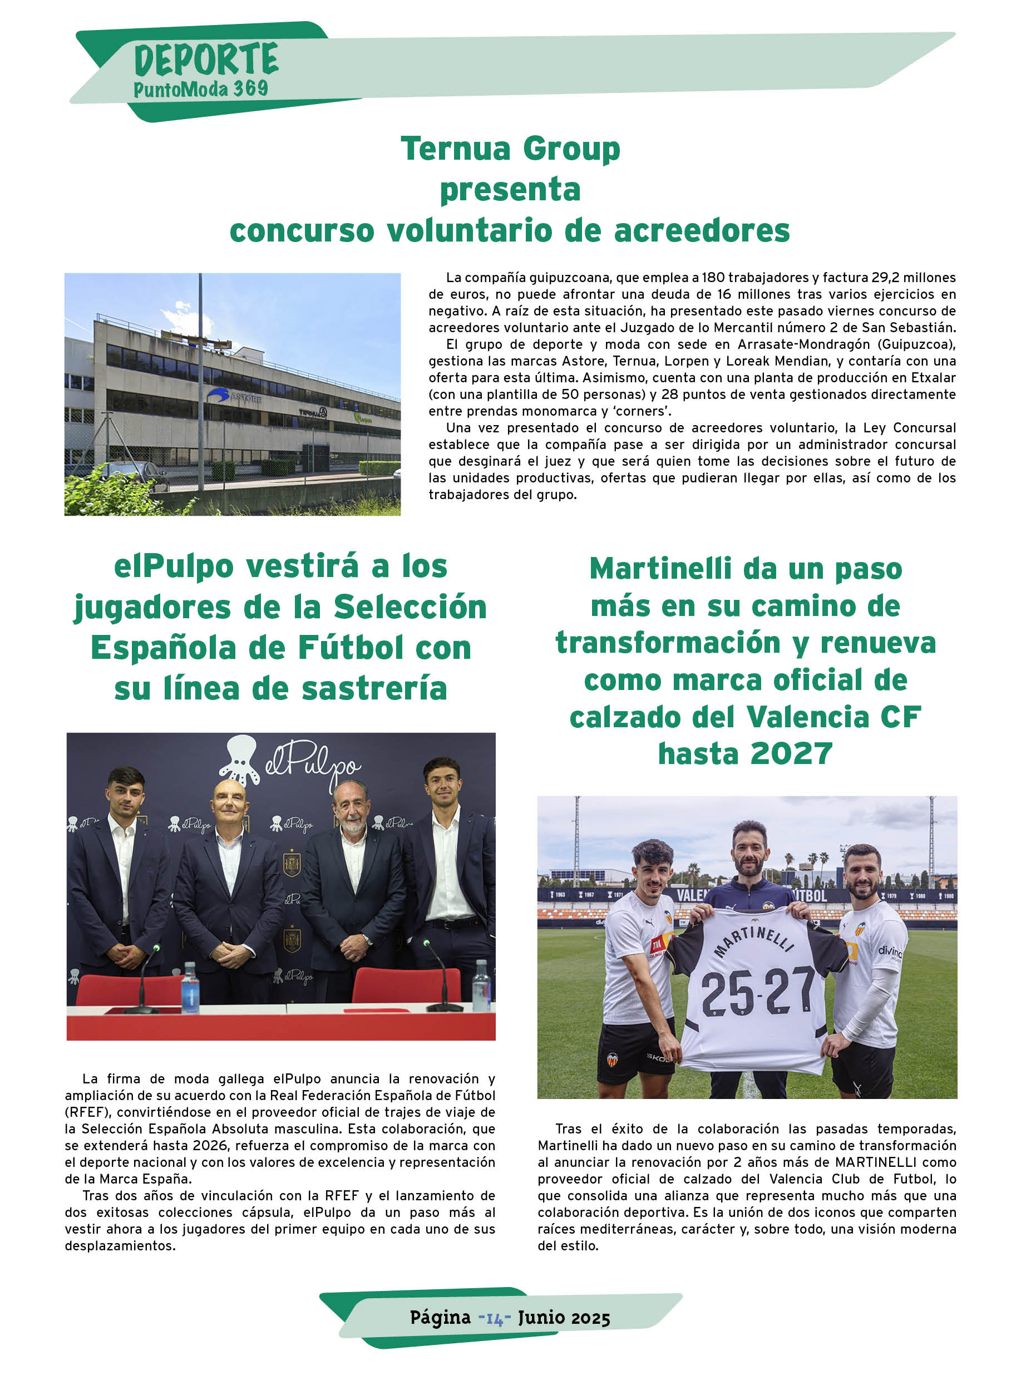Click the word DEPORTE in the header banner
pyautogui.click(x=206, y=60)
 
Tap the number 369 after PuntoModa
pyautogui.click(x=250, y=89)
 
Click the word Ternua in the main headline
pyautogui.click(x=457, y=149)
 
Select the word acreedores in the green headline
pyautogui.click(x=702, y=230)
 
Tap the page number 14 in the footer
pyautogui.click(x=495, y=1318)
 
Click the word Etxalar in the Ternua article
pyautogui.click(x=933, y=378)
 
